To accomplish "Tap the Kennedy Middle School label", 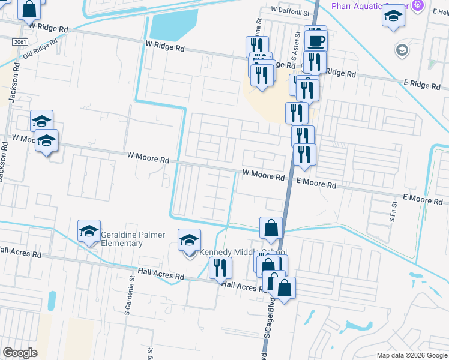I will pos(243,252).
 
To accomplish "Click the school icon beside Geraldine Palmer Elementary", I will pos(89,231).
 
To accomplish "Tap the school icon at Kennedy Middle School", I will pos(189,241).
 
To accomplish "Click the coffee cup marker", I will pos(316,40).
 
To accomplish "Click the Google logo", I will pos(20,353).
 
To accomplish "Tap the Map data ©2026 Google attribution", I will pos(411,355).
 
